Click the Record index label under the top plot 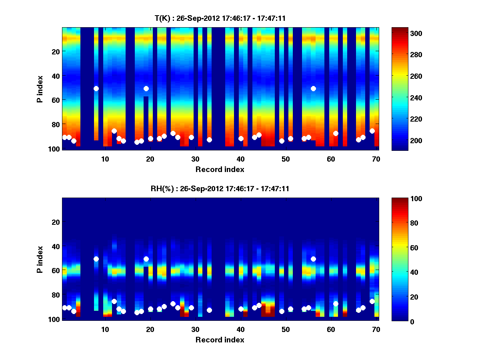click(220, 169)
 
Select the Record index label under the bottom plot click(220, 340)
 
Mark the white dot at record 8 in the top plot click(96, 88)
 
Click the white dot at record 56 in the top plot click(313, 88)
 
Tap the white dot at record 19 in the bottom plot click(146, 259)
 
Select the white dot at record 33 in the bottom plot click(209, 310)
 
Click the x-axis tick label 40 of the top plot click(240, 159)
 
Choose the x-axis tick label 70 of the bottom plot click(376, 329)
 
